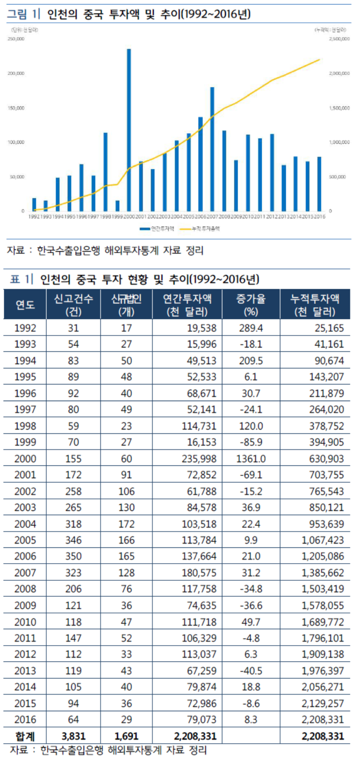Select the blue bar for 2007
click(x=212, y=149)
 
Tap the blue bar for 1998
click(x=105, y=172)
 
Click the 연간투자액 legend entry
click(x=157, y=229)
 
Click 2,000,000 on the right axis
click(x=339, y=73)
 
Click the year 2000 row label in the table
click(x=25, y=459)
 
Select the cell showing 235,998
click(x=198, y=459)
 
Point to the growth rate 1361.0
click(x=251, y=459)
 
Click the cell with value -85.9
click(x=251, y=442)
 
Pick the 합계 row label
click(x=25, y=736)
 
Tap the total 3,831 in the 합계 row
click(x=73, y=736)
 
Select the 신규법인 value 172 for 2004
click(x=126, y=524)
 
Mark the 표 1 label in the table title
click(x=22, y=279)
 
